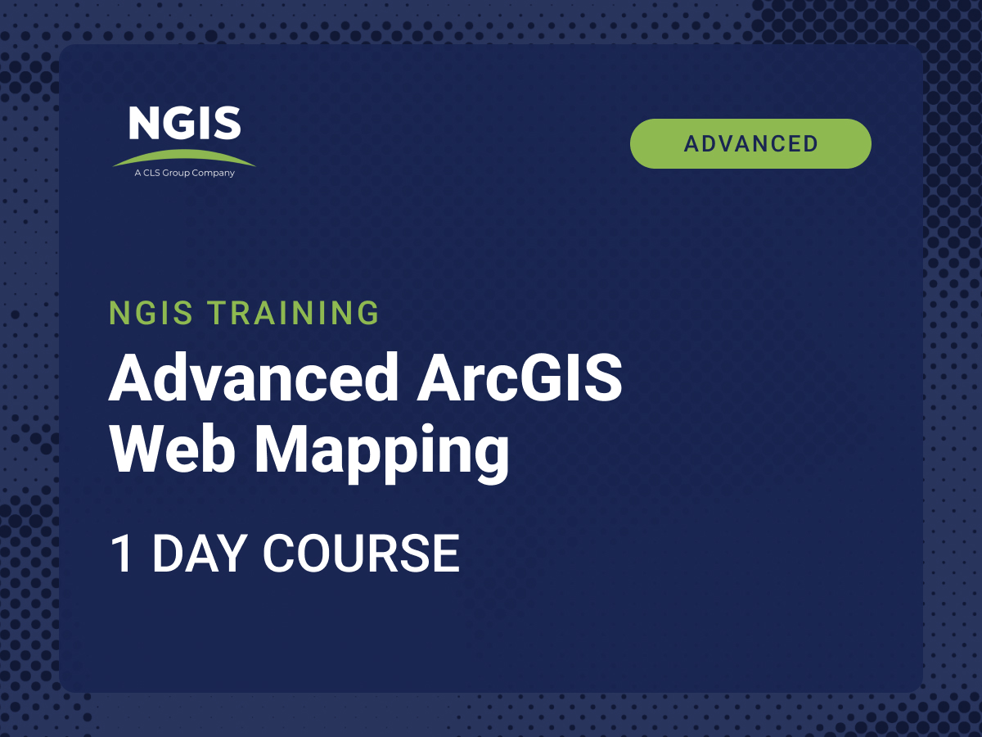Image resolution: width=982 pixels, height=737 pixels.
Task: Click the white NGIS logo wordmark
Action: [x=185, y=123]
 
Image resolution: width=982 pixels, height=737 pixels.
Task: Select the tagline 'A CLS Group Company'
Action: [x=184, y=173]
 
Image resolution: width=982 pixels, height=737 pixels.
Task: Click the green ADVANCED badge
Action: [x=750, y=143]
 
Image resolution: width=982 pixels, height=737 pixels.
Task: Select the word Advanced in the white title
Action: [x=253, y=378]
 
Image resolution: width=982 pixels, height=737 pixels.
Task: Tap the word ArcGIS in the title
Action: [x=519, y=378]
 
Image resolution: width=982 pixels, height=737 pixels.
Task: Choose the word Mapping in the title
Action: [x=381, y=453]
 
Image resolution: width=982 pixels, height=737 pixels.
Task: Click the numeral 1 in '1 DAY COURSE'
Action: [x=121, y=553]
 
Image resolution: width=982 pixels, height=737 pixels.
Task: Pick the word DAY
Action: [x=200, y=553]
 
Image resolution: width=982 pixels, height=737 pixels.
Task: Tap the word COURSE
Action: [x=361, y=553]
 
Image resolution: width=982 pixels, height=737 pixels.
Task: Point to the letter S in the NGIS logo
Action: [x=227, y=123]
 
